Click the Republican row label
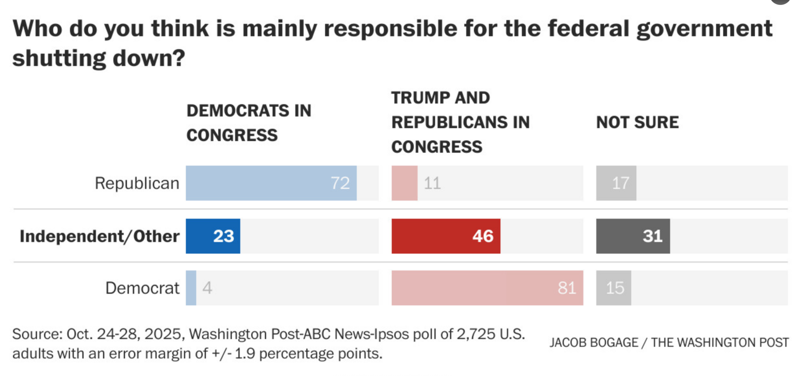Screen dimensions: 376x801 click(x=137, y=183)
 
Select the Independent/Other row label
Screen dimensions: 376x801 click(x=99, y=236)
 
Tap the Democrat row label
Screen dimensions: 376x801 click(x=142, y=288)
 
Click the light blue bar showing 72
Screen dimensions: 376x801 click(x=271, y=183)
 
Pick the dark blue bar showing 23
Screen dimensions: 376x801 click(x=213, y=236)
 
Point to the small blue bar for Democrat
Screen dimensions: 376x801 click(x=191, y=288)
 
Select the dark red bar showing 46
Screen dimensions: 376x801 click(x=446, y=236)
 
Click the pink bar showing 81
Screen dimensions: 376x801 click(x=487, y=288)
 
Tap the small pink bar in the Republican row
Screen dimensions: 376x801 click(x=404, y=183)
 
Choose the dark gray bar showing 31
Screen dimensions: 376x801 click(x=632, y=236)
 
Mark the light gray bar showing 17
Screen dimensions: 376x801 click(x=616, y=183)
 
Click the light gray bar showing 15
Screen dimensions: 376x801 click(x=613, y=288)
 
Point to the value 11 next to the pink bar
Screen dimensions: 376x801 click(x=432, y=183)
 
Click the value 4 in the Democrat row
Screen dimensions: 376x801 click(x=207, y=288)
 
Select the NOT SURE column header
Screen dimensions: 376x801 click(x=637, y=123)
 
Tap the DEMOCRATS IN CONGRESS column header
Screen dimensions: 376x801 click(x=249, y=123)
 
